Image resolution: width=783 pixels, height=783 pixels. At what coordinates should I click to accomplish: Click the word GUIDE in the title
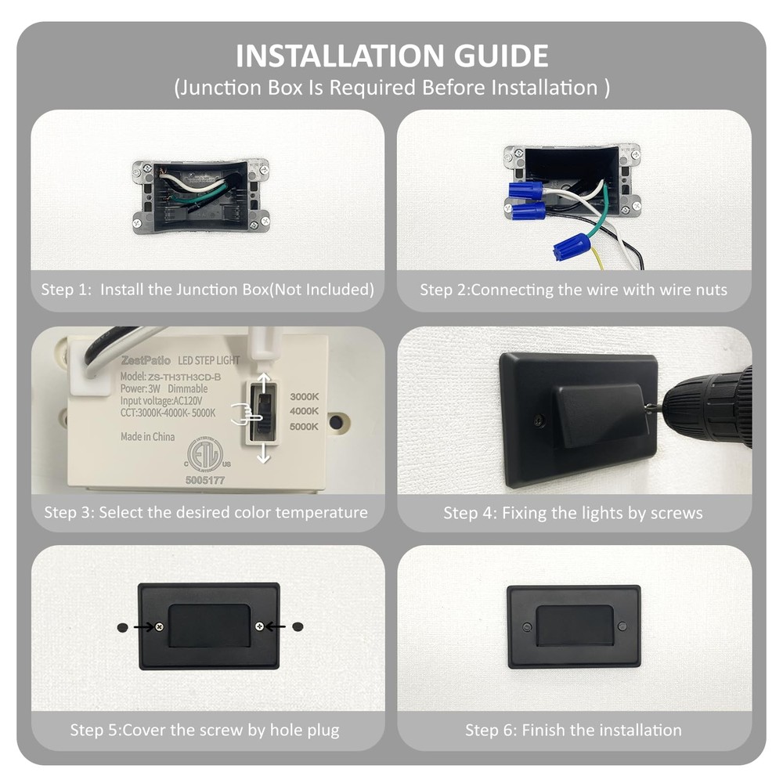click(501, 56)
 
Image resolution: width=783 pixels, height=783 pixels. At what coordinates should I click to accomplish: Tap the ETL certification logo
click(205, 454)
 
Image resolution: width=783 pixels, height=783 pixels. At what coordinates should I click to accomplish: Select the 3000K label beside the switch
click(304, 396)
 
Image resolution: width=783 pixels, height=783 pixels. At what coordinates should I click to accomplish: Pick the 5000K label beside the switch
click(304, 427)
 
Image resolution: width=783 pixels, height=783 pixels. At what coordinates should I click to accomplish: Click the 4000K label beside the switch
click(304, 411)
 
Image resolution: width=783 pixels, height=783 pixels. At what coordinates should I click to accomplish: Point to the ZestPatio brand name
click(146, 360)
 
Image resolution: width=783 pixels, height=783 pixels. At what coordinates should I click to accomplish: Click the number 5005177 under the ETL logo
click(204, 481)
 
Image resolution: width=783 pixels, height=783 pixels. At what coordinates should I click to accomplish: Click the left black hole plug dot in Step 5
click(122, 627)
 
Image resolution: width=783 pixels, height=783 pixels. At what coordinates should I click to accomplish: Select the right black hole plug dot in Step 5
click(298, 626)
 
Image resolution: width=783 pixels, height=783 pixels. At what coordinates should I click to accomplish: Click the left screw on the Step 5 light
click(159, 626)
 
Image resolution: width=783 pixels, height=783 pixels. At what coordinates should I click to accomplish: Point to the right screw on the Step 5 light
click(260, 626)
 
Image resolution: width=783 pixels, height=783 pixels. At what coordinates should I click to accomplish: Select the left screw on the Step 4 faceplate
click(539, 420)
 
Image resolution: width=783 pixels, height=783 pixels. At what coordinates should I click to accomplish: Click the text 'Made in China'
click(148, 437)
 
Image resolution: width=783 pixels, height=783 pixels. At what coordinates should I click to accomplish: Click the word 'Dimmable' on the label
click(188, 388)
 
